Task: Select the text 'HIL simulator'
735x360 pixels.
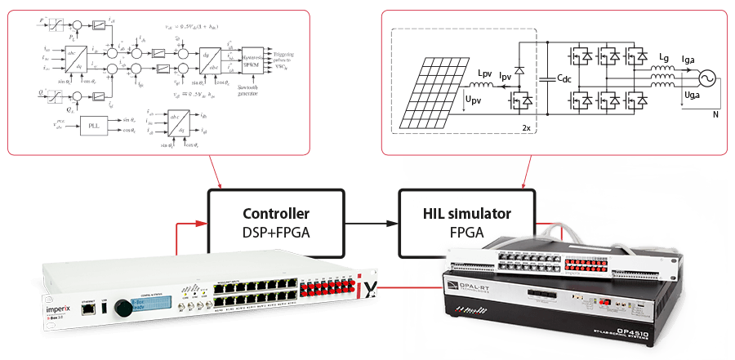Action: click(466, 214)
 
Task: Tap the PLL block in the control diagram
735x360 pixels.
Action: click(91, 128)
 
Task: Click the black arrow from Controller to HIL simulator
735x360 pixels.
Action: click(371, 221)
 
